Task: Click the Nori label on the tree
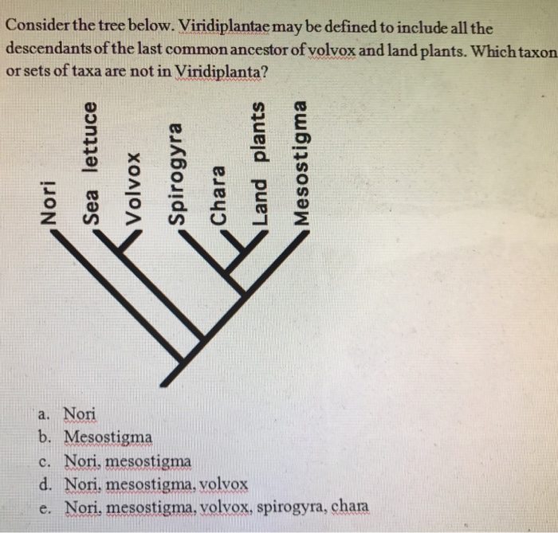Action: [50, 203]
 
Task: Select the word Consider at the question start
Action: [35, 27]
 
